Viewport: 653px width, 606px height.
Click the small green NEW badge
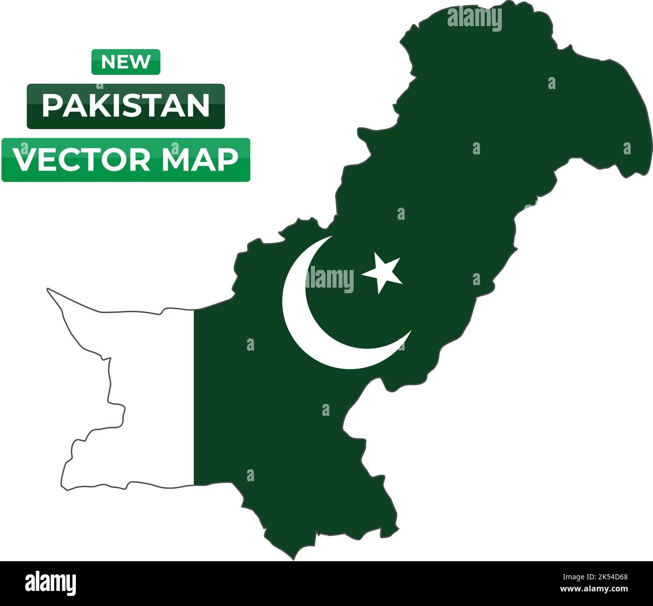[x=126, y=62]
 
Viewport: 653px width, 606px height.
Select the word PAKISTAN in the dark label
[x=126, y=106]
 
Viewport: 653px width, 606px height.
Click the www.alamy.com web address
[x=594, y=589]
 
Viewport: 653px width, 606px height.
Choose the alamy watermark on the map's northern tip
[x=474, y=19]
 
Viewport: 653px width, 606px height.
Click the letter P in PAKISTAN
[x=52, y=106]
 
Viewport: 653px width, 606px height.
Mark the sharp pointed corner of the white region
[x=48, y=289]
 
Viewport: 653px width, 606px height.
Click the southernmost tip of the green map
[x=293, y=559]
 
